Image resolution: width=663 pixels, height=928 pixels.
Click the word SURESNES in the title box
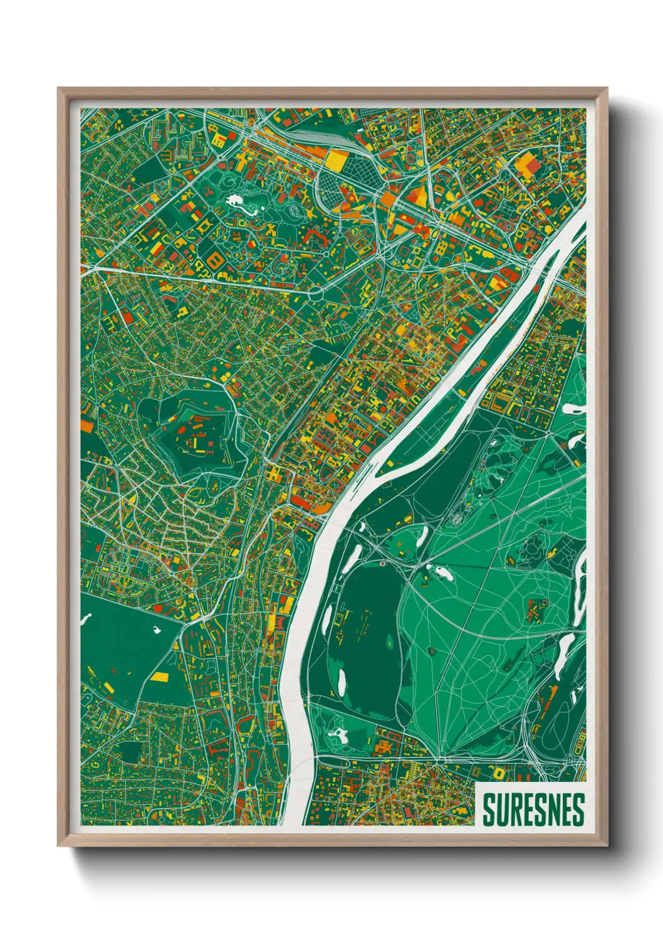point(533,809)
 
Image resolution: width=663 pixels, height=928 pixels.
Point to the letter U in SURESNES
point(499,809)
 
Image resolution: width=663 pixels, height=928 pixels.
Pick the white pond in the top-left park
point(237,201)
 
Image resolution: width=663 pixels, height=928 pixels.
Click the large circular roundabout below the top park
point(315,292)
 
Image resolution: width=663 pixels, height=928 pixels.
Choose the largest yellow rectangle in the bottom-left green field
point(160,677)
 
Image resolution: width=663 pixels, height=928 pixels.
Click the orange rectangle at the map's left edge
point(86,426)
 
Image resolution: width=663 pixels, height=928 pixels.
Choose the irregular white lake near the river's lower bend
point(338,734)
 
